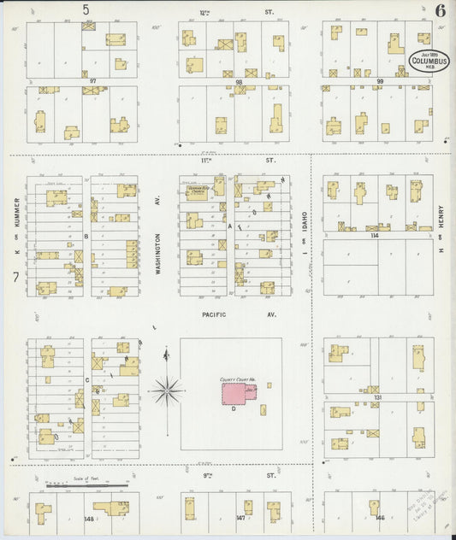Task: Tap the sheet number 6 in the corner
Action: pos(439,10)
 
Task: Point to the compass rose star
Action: pos(165,392)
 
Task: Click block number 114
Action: pos(373,235)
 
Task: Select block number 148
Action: pos(88,519)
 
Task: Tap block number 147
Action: pos(240,519)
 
